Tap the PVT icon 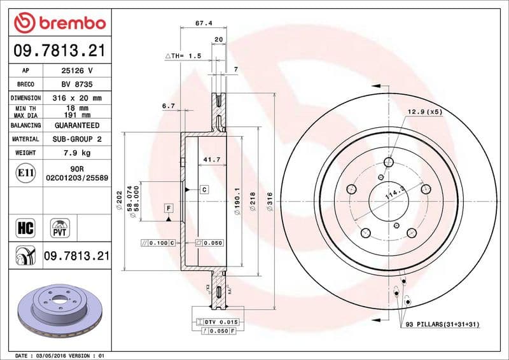click(62, 227)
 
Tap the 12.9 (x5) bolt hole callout click(424, 112)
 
